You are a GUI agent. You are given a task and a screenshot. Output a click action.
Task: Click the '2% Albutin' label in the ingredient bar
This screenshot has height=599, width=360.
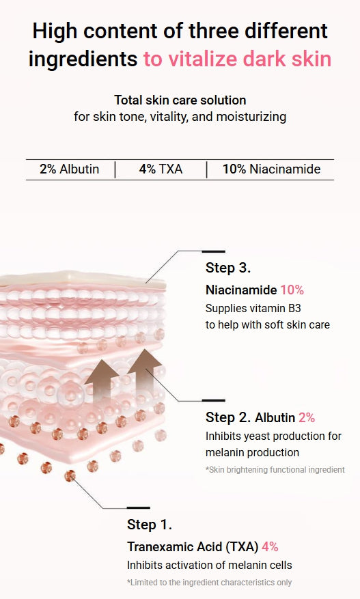[x=69, y=169]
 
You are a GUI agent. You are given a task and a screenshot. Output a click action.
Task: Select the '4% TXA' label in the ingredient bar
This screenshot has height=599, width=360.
[x=161, y=169]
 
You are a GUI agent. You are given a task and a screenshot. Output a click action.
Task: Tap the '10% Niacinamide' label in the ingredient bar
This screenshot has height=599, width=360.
[x=271, y=169]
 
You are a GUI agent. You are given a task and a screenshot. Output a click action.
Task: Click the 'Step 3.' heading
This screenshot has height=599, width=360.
[x=227, y=268]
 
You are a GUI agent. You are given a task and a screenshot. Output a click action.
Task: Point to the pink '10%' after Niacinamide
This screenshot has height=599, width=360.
[x=292, y=290]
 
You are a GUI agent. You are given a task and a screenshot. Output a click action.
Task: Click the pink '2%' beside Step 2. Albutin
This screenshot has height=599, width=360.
[x=307, y=417]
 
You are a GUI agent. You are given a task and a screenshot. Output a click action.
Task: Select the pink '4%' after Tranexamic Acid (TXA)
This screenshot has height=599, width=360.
[x=270, y=546]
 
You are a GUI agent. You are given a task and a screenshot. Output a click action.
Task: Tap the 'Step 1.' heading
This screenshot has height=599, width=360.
[x=150, y=525]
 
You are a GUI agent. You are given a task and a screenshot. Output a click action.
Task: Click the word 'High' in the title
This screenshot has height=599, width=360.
[x=55, y=31]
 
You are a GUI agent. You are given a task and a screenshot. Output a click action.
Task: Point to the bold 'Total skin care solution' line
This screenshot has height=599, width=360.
[x=180, y=100]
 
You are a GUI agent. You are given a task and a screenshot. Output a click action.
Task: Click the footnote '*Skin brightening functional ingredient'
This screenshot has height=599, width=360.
[x=275, y=469]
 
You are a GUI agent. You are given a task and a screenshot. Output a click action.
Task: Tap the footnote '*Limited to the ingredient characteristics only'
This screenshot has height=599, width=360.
[x=210, y=583]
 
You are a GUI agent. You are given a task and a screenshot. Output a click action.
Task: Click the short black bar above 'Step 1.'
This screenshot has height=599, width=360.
[x=139, y=507]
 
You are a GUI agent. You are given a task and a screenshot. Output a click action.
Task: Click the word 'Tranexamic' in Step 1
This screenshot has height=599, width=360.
[x=160, y=546]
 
